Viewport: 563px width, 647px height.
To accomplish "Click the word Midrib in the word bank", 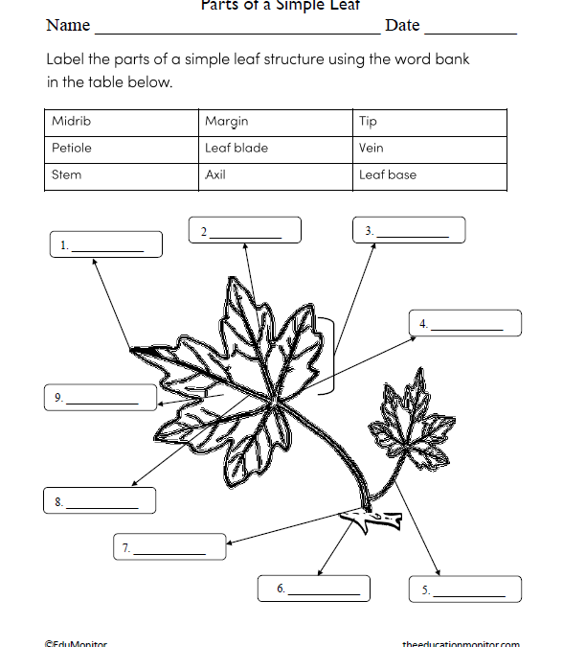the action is point(72,122).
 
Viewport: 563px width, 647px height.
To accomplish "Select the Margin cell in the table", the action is point(227,122).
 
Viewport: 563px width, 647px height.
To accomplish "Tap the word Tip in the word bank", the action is point(369,122).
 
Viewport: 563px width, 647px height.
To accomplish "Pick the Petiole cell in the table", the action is point(72,149).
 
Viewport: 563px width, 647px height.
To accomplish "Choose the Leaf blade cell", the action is point(236,149).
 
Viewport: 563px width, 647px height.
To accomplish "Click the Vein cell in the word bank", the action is point(372,149).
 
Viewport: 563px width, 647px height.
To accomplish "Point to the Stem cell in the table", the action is point(67,175).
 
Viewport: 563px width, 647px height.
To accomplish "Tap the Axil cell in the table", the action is point(215,175).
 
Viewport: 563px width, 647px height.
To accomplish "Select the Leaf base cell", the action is point(388,175).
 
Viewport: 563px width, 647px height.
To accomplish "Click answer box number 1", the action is point(105,244).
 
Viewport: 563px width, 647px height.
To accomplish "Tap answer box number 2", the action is point(244,231).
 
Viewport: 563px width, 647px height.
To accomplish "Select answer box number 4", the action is point(464,324).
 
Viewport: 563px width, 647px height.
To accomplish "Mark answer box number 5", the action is point(465,589).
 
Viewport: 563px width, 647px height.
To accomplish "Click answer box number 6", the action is point(313,589).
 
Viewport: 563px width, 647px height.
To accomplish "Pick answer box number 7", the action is point(169,547).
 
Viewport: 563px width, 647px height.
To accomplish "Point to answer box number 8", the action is point(100,500).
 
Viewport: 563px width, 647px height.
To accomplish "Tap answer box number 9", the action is point(100,397).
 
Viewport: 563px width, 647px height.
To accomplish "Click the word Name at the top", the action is point(68,26).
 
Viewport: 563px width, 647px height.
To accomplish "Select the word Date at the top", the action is point(402,26).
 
